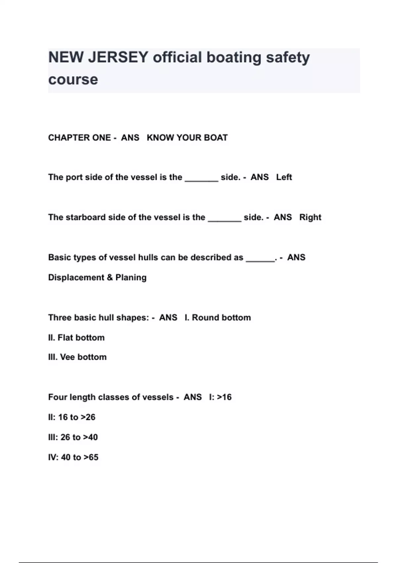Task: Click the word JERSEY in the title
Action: click(118, 57)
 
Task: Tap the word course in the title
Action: click(73, 79)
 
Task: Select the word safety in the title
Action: click(288, 57)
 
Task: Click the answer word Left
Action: click(284, 177)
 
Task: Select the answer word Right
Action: click(310, 217)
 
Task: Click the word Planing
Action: click(131, 278)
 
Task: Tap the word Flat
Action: click(65, 338)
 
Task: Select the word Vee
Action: click(67, 357)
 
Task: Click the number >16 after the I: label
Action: click(224, 397)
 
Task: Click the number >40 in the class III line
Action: click(90, 437)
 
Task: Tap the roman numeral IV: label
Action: click(53, 457)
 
